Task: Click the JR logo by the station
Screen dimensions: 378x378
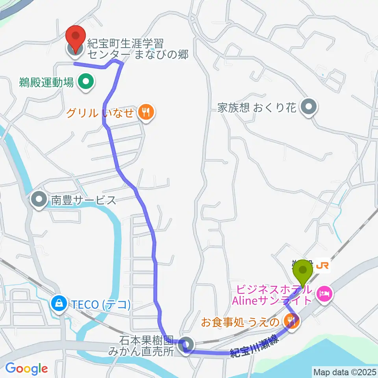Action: (x=322, y=267)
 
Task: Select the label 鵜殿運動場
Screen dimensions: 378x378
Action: (x=46, y=83)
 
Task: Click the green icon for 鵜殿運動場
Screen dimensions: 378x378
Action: (x=85, y=83)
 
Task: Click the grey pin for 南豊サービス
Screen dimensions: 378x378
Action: (x=39, y=200)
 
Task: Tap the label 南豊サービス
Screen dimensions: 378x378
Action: (x=83, y=200)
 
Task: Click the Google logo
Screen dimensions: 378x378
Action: (x=26, y=369)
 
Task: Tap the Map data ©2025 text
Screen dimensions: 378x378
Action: (x=344, y=371)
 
